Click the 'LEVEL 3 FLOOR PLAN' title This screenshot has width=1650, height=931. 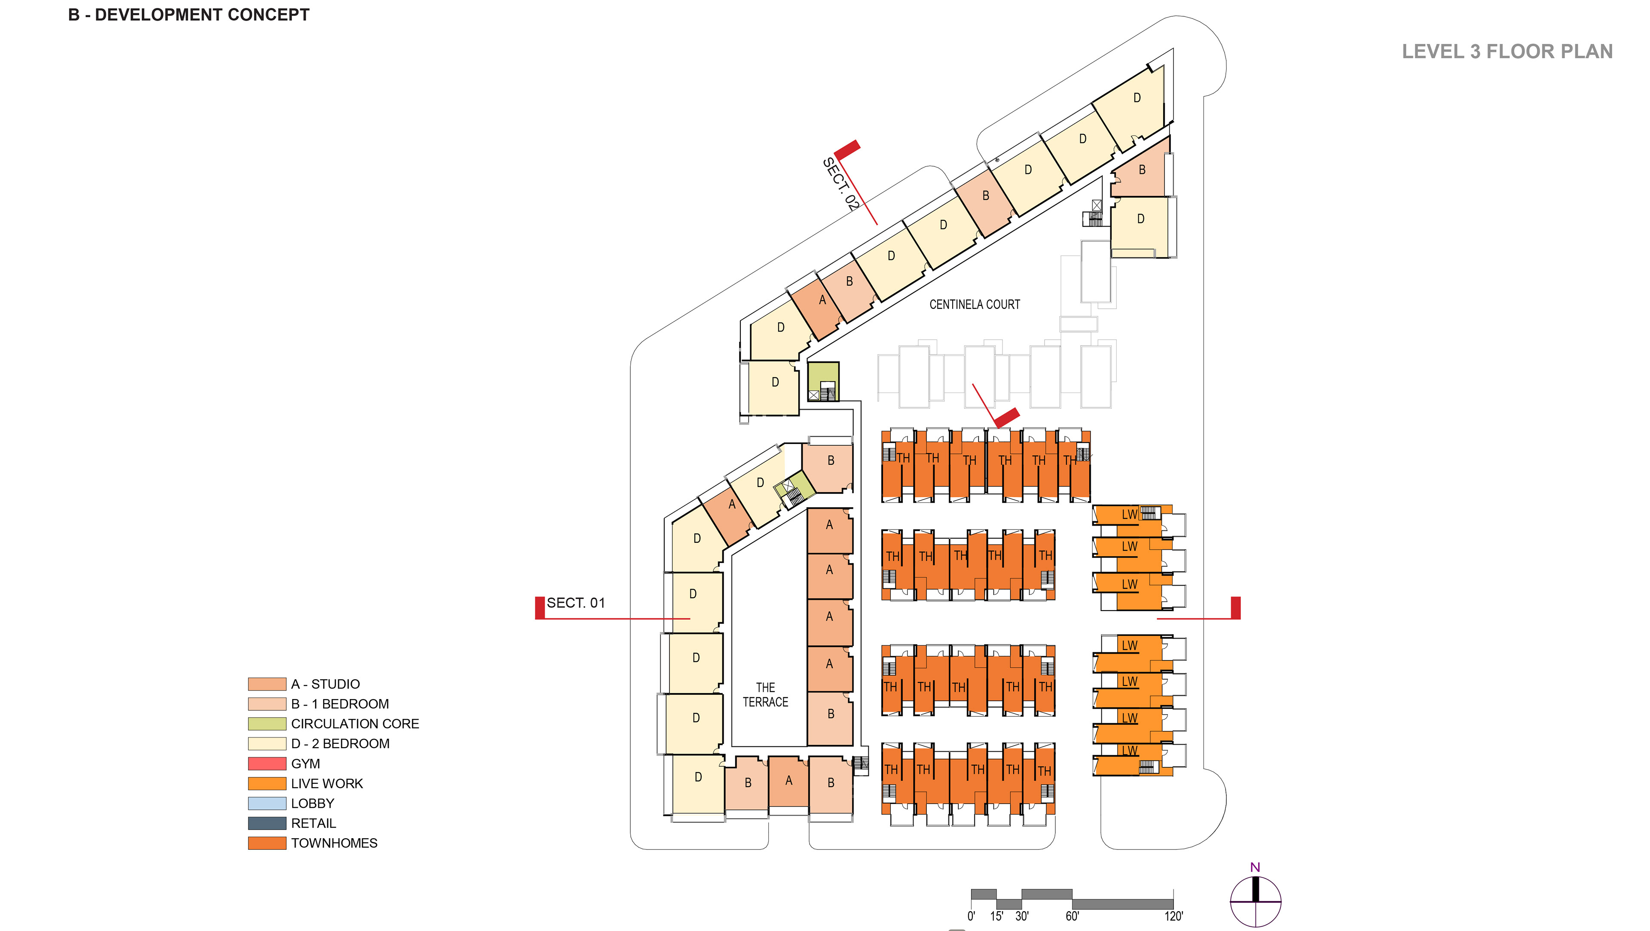(x=1506, y=51)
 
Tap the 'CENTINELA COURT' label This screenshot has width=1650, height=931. (x=974, y=305)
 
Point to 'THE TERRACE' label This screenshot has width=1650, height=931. (x=765, y=695)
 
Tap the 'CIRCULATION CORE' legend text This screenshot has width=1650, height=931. (x=355, y=724)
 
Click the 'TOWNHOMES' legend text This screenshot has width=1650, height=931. (x=334, y=843)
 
